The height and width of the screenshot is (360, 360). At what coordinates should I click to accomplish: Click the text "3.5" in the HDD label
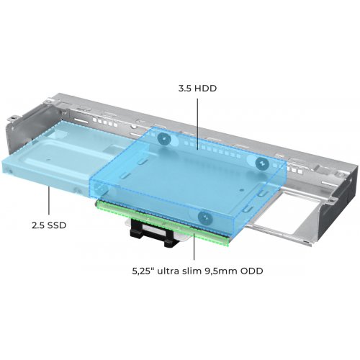pos(185,89)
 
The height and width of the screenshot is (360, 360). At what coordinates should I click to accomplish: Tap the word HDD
pos(205,89)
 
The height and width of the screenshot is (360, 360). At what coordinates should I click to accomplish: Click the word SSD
pos(56,225)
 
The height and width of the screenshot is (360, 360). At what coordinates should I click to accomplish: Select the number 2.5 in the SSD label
pos(38,225)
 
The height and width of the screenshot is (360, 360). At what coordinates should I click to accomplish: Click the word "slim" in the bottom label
pos(189,271)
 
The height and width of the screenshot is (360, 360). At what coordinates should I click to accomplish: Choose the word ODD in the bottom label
pos(252,271)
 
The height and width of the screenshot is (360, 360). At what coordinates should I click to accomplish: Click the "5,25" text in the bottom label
pos(141,271)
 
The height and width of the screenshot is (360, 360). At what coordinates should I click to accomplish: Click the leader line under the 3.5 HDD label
pos(197,124)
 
